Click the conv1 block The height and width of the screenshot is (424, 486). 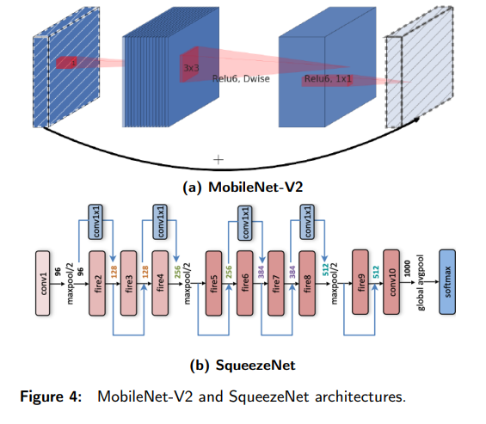[x=43, y=283]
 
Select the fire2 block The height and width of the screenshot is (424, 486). [x=97, y=283]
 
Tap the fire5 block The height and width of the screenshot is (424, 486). [x=214, y=283]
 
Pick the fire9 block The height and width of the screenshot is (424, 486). [x=360, y=282]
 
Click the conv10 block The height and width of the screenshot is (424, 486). [x=391, y=282]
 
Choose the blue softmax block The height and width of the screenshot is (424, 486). [x=447, y=282]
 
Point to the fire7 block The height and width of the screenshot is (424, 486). [x=276, y=283]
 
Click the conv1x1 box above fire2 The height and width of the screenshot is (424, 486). [x=95, y=222]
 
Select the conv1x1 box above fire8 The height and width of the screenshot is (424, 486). [x=307, y=222]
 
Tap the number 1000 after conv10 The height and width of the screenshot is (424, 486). [x=407, y=268]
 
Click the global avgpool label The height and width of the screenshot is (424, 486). [x=421, y=283]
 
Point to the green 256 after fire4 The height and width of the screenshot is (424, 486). [x=177, y=272]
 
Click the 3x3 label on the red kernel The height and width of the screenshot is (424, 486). [x=191, y=68]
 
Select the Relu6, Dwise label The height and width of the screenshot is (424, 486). [x=241, y=79]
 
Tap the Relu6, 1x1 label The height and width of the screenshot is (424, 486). [x=328, y=79]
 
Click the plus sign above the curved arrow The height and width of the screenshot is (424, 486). [x=218, y=160]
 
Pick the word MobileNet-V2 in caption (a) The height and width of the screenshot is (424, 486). [x=255, y=187]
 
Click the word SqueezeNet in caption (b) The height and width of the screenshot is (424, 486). [x=255, y=365]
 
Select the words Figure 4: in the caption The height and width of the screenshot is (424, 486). [x=51, y=396]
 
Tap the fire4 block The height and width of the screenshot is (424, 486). [x=160, y=283]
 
